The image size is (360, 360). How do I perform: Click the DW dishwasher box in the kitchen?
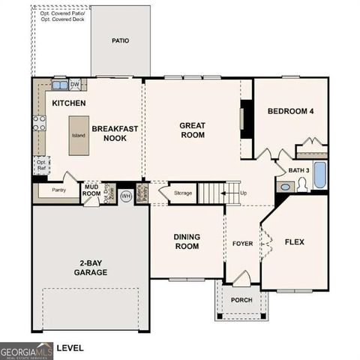click(x=74, y=84)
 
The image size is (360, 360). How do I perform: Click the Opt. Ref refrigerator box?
click(x=41, y=164)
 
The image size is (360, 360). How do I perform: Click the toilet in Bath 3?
click(x=302, y=184)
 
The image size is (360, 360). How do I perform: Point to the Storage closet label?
click(x=183, y=193)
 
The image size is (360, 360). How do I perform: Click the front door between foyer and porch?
click(x=240, y=279)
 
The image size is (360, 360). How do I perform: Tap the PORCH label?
click(x=241, y=300)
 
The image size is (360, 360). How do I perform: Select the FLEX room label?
click(x=295, y=241)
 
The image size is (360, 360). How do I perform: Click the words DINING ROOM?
click(x=186, y=241)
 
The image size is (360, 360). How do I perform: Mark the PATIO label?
click(x=120, y=40)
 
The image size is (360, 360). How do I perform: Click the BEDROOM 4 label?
click(x=290, y=112)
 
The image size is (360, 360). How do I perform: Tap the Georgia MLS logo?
click(x=25, y=349)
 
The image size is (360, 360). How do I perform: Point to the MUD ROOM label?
click(x=91, y=190)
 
